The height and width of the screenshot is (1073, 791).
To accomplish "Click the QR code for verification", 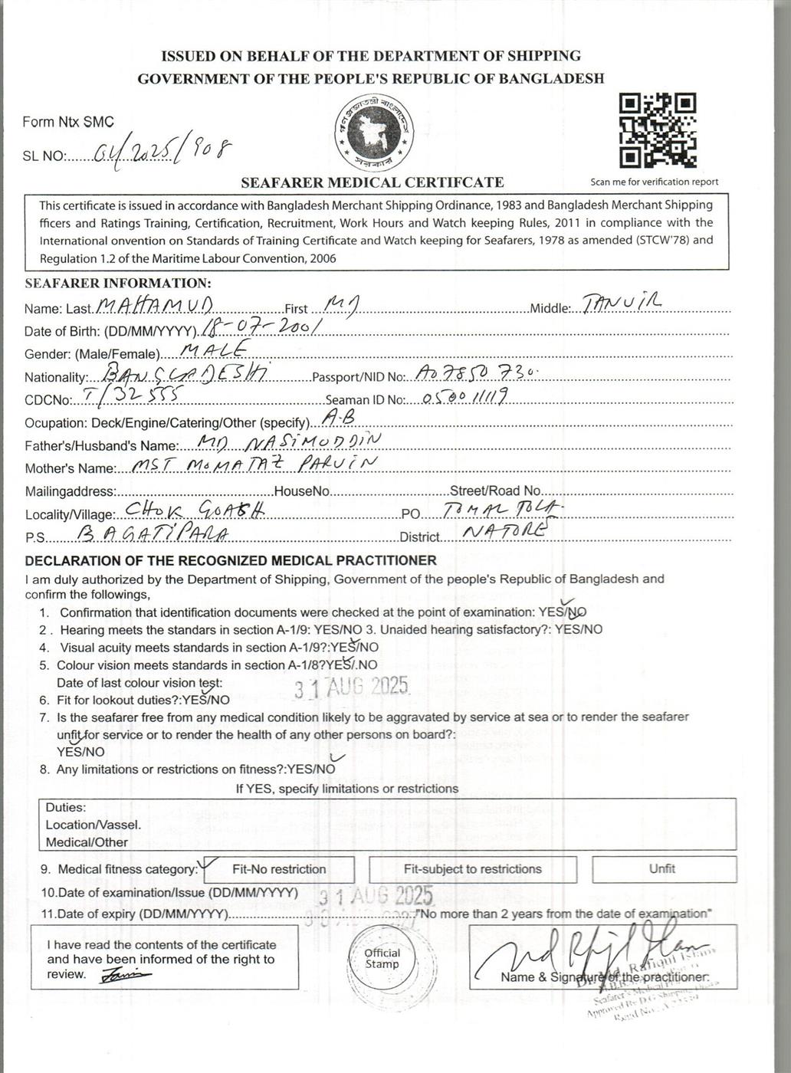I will coord(658,131).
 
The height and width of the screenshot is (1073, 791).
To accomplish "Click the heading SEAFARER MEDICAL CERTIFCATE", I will coord(373,182).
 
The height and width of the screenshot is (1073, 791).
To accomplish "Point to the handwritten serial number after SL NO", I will coord(162,150).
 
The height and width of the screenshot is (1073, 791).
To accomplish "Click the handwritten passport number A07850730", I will coord(475,372).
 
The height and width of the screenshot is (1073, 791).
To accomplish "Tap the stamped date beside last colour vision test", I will coord(353,687).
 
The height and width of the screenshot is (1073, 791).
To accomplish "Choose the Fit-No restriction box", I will coord(278,869).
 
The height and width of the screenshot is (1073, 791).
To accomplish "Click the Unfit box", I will coord(663,868).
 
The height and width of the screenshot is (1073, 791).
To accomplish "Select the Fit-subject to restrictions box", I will coord(472,869).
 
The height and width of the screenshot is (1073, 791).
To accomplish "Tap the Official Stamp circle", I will coord(382,959).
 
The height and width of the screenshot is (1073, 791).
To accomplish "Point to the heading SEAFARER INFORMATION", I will coord(117,283).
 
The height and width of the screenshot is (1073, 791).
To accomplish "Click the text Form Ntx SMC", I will coord(67,122).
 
